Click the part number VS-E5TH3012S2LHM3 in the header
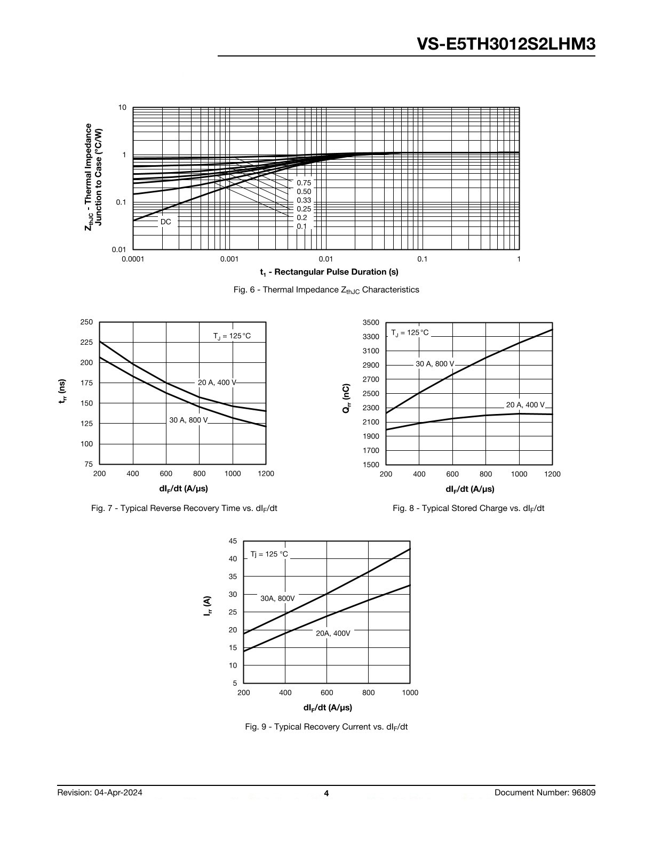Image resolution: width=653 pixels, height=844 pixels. [506, 44]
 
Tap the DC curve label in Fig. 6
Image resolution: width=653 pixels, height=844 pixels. [166, 222]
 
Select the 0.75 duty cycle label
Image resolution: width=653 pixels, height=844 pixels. [304, 183]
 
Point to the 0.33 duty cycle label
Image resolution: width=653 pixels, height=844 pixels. [304, 200]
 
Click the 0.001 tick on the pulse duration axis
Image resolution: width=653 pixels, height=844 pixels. [229, 259]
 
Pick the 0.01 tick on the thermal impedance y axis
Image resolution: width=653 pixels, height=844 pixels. [119, 249]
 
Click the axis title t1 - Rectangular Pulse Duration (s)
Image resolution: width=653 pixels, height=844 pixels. [329, 272]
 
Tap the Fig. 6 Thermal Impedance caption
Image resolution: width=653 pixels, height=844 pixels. [326, 290]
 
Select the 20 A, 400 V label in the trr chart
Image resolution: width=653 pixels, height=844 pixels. [217, 383]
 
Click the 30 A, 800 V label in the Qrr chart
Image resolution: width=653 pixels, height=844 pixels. [435, 364]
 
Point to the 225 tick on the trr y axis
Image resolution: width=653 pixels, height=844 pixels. [86, 342]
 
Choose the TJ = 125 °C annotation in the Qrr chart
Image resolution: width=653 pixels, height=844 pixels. [410, 333]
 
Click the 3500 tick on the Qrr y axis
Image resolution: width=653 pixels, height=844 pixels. [371, 322]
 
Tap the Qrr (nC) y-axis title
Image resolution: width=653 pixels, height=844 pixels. [347, 399]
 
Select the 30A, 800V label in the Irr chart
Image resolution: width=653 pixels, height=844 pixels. [278, 598]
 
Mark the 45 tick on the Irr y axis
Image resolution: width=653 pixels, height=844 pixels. [233, 541]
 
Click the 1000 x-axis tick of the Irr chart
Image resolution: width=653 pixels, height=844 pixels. [410, 693]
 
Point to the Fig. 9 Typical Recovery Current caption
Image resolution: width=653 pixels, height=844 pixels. [326, 727]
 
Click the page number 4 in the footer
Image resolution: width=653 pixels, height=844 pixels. [326, 793]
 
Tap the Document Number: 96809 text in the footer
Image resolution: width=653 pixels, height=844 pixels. [545, 792]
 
